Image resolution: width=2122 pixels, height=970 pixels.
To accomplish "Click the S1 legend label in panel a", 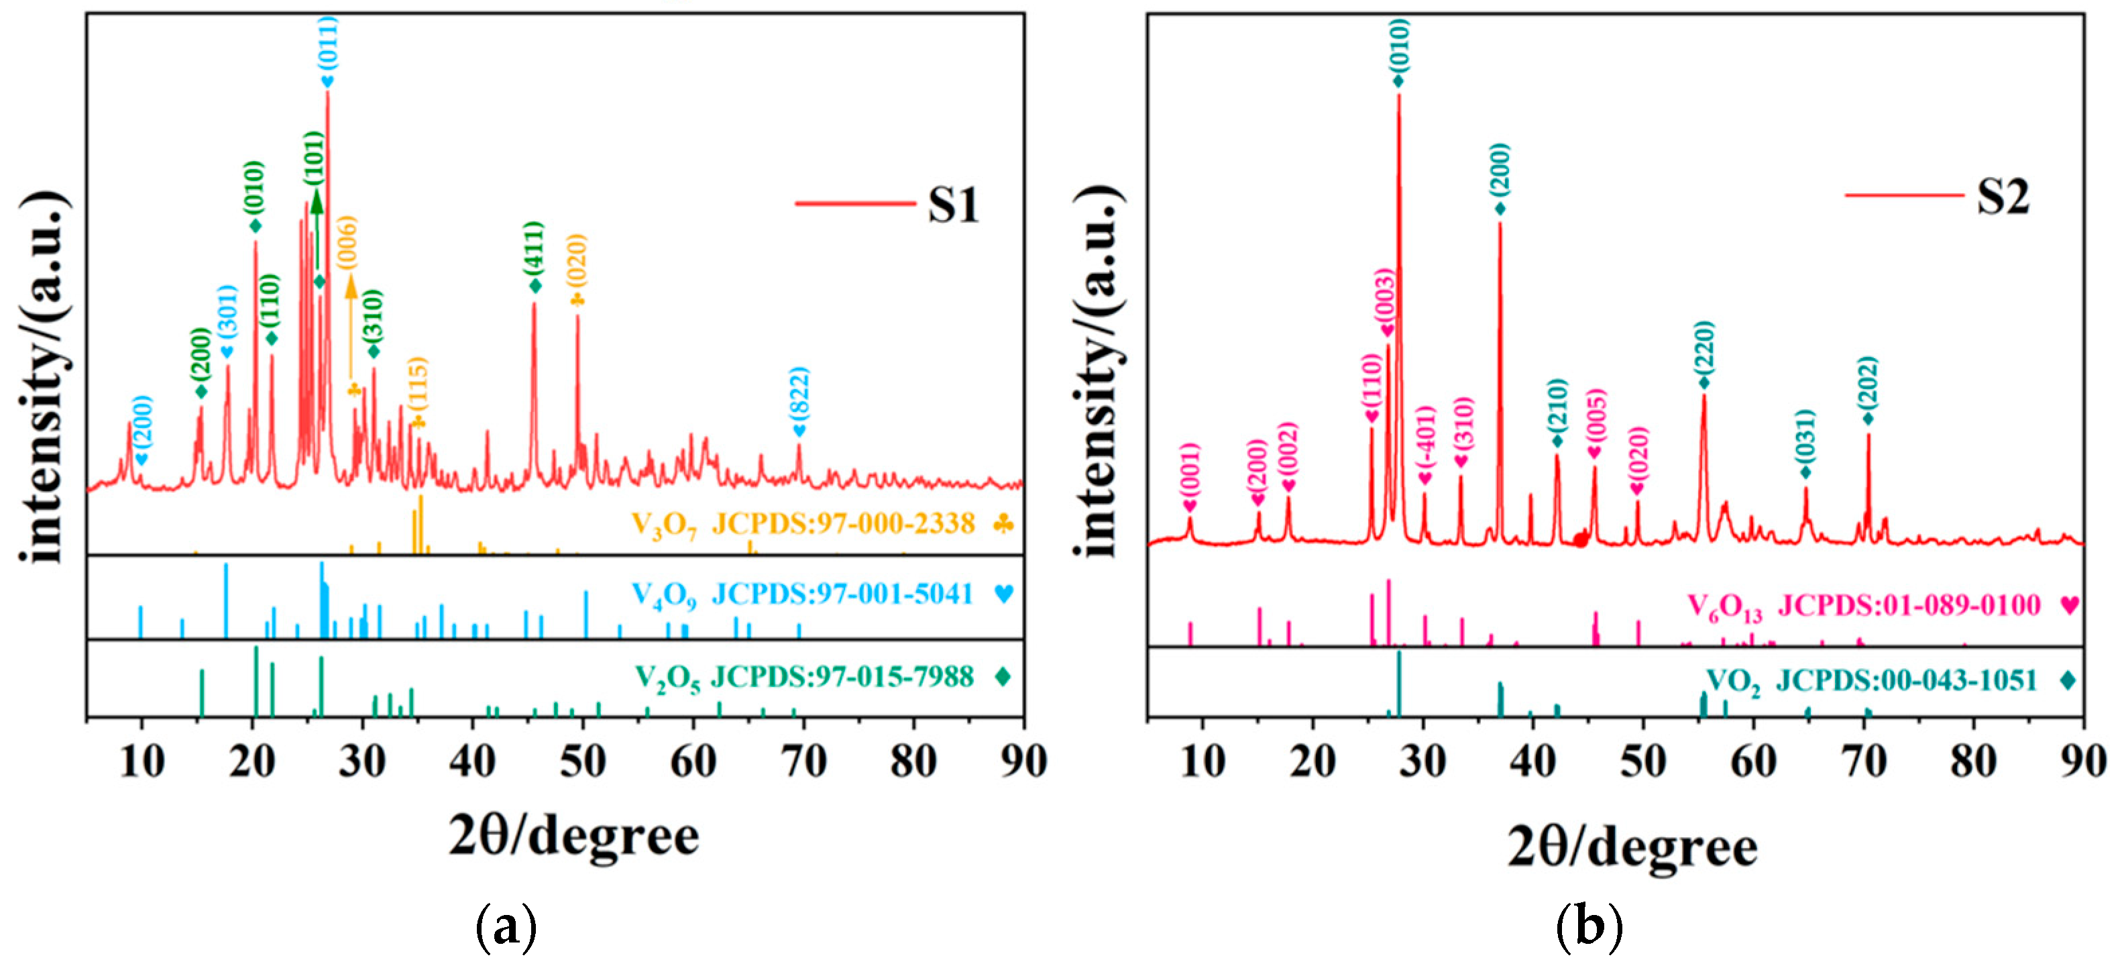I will pyautogui.click(x=952, y=205).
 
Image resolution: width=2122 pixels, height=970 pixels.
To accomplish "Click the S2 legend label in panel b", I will pyautogui.click(x=2003, y=196).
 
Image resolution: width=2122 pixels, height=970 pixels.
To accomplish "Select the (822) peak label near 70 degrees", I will pyautogui.click(x=798, y=394).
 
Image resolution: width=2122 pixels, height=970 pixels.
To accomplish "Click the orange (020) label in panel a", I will pyautogui.click(x=577, y=262).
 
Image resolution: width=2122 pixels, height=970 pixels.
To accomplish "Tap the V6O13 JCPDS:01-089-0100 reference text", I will pyautogui.click(x=1863, y=606).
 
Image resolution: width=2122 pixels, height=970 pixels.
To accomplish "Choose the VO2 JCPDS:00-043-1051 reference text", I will pyautogui.click(x=1870, y=681).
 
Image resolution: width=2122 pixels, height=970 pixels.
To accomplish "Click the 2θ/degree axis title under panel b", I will pyautogui.click(x=1632, y=847).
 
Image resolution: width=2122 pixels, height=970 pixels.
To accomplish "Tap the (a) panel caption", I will pyautogui.click(x=506, y=927).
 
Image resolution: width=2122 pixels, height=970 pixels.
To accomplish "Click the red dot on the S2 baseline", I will pyautogui.click(x=1579, y=540).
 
